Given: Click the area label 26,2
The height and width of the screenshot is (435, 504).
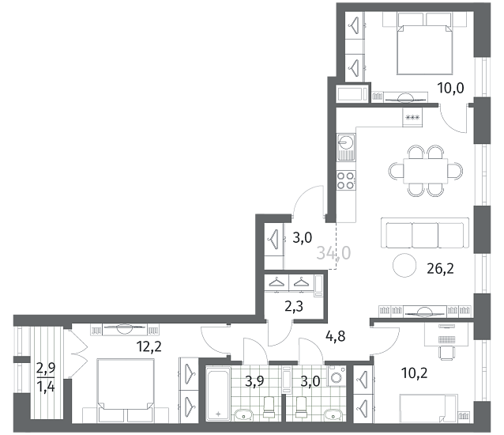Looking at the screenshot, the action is [440, 268].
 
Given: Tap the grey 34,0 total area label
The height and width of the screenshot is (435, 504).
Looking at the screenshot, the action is [333, 253].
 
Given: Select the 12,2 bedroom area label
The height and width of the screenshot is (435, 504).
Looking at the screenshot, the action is [149, 346].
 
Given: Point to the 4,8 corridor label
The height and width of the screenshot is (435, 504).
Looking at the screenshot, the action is [335, 336].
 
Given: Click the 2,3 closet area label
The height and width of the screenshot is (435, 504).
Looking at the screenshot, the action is [294, 307].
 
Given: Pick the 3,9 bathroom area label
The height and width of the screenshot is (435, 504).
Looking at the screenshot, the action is [254, 381].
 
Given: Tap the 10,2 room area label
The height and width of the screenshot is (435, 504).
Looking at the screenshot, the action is [415, 373].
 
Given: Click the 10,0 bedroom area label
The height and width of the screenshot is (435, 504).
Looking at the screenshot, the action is [451, 88].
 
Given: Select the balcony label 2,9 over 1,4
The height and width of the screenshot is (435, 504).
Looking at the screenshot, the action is [46, 377].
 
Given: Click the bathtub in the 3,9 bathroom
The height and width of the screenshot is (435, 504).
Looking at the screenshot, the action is [218, 392].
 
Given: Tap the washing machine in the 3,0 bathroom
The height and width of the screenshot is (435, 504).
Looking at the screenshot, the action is [337, 376].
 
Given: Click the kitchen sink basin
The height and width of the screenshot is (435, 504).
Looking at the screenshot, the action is [346, 142].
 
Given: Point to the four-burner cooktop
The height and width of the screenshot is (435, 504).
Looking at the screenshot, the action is [346, 180].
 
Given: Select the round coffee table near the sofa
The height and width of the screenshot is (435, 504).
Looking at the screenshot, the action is [404, 265].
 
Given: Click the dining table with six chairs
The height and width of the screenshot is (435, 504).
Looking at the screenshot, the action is [426, 171].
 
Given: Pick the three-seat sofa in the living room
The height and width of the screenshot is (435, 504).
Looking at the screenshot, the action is [425, 233].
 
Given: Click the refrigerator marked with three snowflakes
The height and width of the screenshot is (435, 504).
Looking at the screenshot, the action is [412, 117].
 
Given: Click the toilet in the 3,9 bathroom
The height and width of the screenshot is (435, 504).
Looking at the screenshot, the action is [269, 407].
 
